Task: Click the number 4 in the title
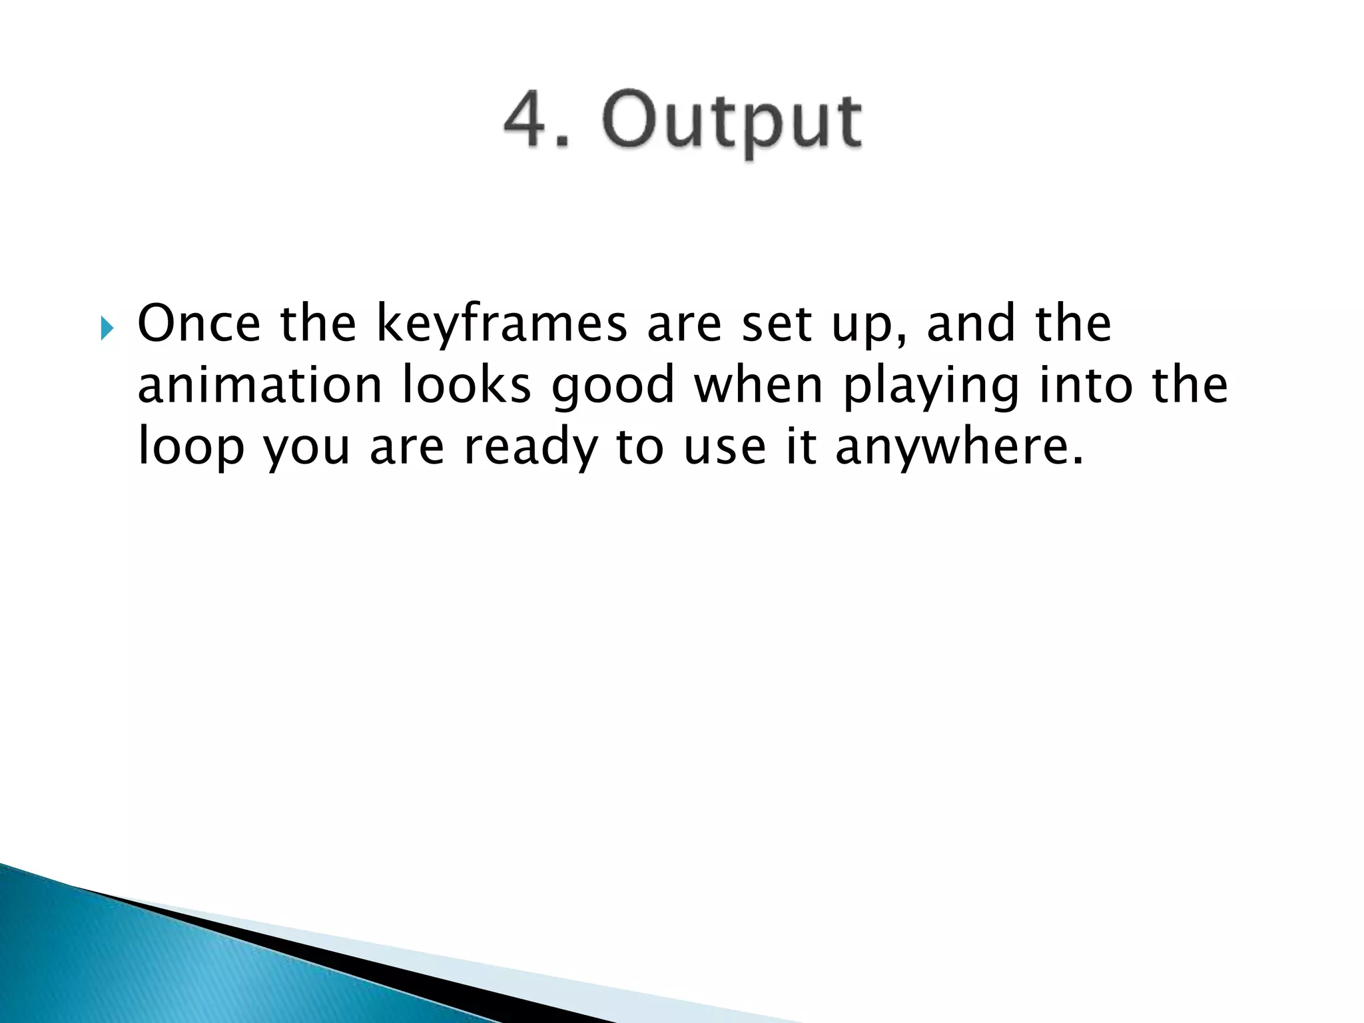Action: point(526,121)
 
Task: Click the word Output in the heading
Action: point(732,123)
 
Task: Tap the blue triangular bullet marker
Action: point(107,328)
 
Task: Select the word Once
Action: point(198,324)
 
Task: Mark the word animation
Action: point(260,385)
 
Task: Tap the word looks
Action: point(467,385)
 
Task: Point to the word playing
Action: point(931,389)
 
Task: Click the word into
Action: point(1086,385)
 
